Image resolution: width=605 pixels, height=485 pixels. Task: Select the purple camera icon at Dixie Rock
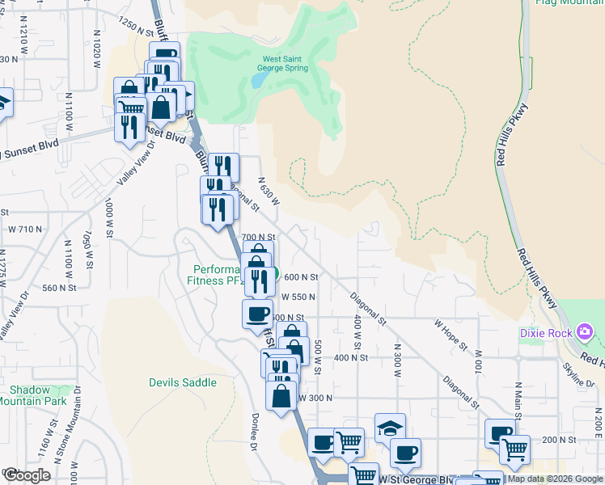pyautogui.click(x=585, y=331)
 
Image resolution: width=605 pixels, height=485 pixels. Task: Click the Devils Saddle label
pyautogui.click(x=183, y=382)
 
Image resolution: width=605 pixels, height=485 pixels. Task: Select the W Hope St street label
pyautogui.click(x=451, y=335)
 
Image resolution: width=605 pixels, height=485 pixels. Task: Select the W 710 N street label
pyautogui.click(x=23, y=230)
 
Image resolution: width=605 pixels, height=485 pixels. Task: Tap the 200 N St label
pyautogui.click(x=558, y=439)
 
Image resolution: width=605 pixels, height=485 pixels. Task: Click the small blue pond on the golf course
pyautogui.click(x=256, y=81)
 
